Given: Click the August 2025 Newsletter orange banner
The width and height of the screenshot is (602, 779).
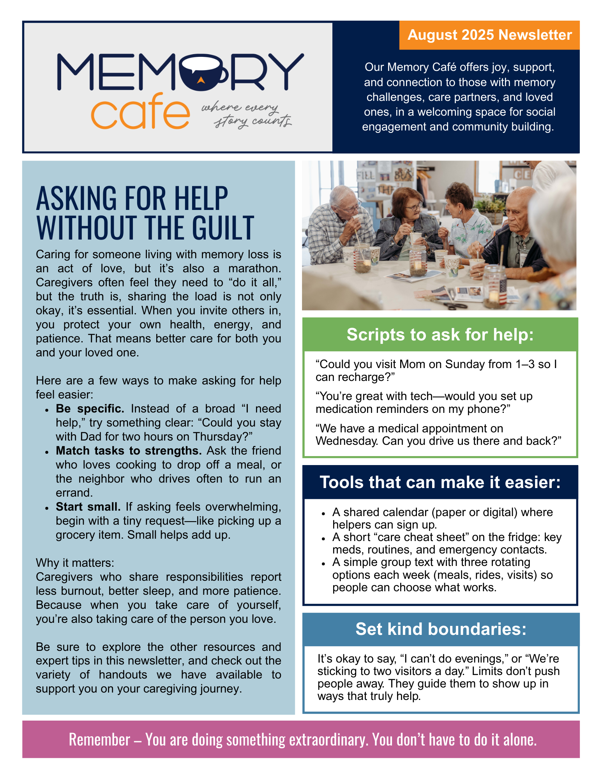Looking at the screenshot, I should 489,35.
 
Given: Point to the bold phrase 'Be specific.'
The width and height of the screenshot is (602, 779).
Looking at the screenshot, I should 90,409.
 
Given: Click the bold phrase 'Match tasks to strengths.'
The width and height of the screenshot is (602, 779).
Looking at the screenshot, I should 129,451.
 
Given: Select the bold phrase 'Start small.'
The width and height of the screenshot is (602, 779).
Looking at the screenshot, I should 88,507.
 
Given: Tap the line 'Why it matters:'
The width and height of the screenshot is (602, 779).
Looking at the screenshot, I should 75,563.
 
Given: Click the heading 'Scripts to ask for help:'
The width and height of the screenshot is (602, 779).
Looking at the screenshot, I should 440,335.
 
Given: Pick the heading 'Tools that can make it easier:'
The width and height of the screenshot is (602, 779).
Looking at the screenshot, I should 440,482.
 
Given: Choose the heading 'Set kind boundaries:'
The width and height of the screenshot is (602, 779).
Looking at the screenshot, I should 441,629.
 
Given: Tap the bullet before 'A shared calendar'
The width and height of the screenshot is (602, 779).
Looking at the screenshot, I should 323,513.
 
